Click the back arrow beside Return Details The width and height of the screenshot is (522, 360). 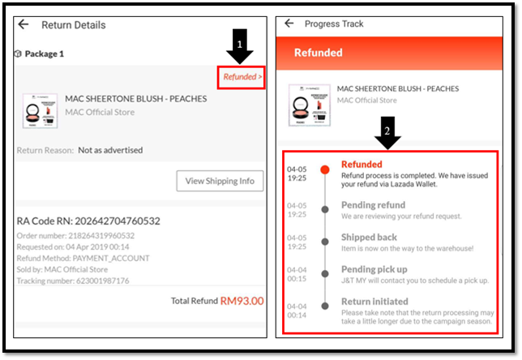24,24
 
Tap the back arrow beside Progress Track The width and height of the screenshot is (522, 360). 289,23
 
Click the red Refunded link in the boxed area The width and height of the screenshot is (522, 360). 242,77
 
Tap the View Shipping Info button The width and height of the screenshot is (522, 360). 220,181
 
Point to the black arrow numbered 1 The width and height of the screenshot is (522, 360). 240,46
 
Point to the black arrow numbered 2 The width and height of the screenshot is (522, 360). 387,133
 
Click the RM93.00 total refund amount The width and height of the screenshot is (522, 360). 242,301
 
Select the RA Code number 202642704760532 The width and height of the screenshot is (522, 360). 118,221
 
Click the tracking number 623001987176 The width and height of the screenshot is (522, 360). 102,281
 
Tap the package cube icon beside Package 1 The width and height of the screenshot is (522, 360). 18,54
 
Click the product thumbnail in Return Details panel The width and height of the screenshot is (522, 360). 40,111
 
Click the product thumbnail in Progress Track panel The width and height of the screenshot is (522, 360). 310,105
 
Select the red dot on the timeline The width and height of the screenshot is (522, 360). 325,169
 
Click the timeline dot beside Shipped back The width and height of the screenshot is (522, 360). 325,242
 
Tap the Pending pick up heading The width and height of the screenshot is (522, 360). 374,269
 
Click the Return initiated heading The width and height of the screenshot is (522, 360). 374,302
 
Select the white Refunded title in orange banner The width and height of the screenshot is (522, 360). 319,53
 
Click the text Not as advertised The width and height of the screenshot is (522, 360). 110,150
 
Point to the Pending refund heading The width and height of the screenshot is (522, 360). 373,205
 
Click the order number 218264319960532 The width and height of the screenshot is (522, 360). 101,236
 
